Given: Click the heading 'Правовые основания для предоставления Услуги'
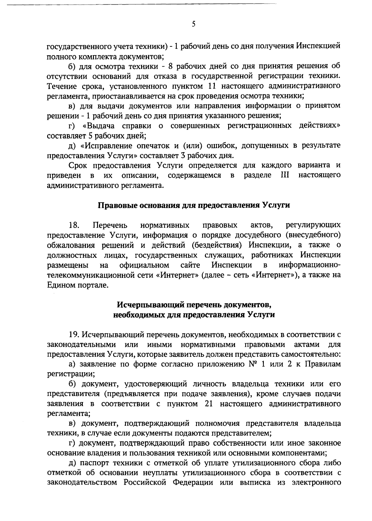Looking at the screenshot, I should pyautogui.click(x=194, y=205).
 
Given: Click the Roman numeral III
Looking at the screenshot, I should pyautogui.click(x=284, y=175).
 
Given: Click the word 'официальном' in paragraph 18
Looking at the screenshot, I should pyautogui.click(x=144, y=265).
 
